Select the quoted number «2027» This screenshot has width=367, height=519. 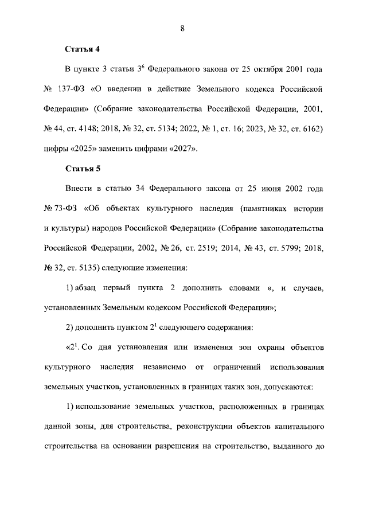(x=181, y=149)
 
